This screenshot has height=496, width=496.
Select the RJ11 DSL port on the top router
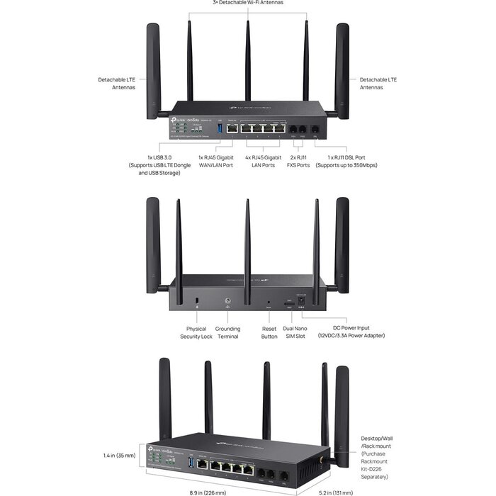click(x=315, y=130)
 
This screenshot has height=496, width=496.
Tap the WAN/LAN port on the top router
click(x=232, y=130)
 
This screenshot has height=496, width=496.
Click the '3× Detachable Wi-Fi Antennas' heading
click(x=248, y=3)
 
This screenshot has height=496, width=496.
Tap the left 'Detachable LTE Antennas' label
click(x=118, y=83)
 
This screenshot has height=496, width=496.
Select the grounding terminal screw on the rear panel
click(x=227, y=302)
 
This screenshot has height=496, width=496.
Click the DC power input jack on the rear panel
click(x=303, y=303)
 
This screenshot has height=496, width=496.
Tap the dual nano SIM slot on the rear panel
click(x=288, y=304)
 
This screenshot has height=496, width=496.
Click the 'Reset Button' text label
click(x=269, y=332)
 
